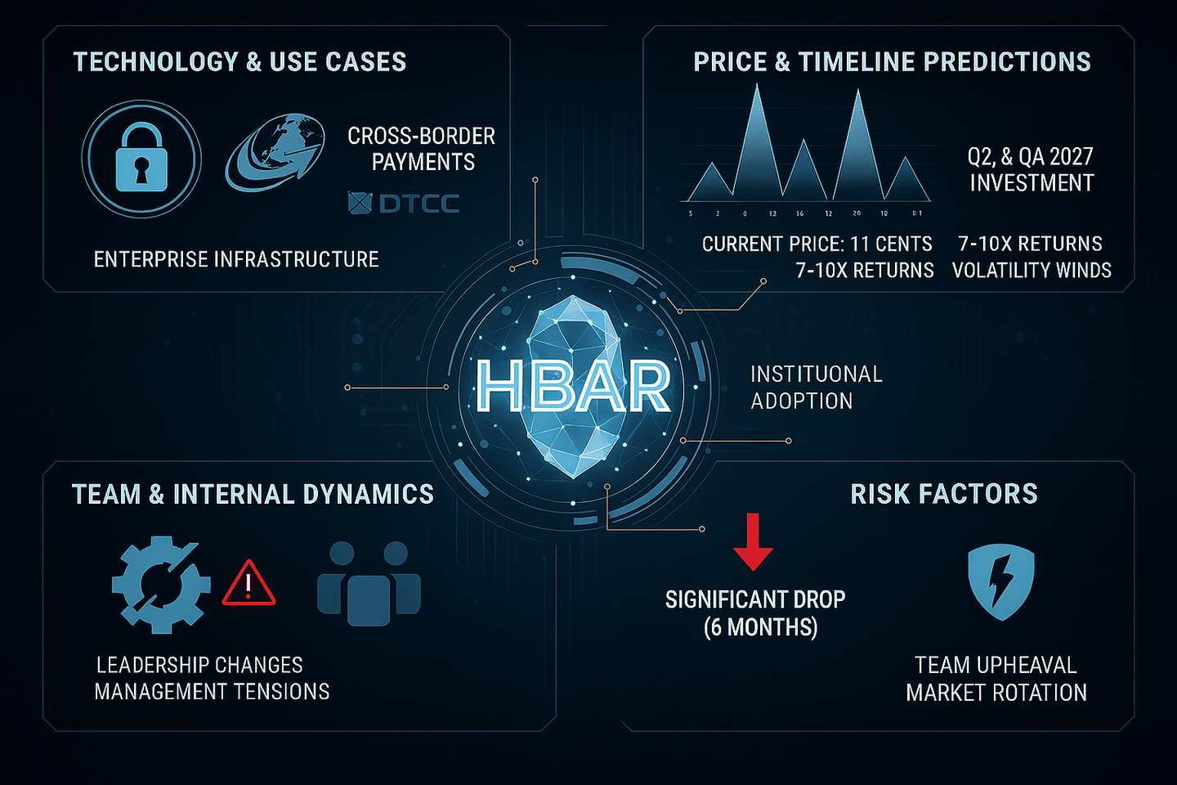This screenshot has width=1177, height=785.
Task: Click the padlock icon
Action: tap(141, 159)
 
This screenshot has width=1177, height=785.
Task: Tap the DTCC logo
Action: tap(404, 203)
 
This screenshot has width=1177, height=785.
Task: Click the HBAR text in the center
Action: tap(574, 387)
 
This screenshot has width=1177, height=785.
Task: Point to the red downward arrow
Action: tap(753, 541)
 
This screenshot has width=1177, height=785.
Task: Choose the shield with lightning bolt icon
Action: tap(1000, 581)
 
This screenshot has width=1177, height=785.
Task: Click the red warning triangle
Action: tap(248, 583)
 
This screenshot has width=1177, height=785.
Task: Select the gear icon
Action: tap(160, 584)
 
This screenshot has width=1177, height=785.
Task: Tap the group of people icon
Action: tap(369, 583)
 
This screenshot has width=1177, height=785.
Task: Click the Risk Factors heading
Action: tap(944, 494)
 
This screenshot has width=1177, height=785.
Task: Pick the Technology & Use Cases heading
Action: tap(239, 62)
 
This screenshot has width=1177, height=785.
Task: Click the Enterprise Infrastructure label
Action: tap(236, 259)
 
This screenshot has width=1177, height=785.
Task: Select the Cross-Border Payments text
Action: tap(422, 149)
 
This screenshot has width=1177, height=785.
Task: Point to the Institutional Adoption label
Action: tap(817, 388)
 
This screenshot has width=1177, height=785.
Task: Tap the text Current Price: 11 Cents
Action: tap(817, 244)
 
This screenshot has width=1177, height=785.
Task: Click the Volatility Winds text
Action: tap(1032, 270)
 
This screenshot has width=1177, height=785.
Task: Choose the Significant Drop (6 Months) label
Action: tap(755, 613)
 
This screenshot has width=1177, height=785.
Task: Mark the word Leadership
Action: tap(150, 665)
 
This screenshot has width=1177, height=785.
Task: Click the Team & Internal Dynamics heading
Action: tap(253, 494)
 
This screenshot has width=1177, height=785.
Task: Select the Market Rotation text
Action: tap(996, 693)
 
